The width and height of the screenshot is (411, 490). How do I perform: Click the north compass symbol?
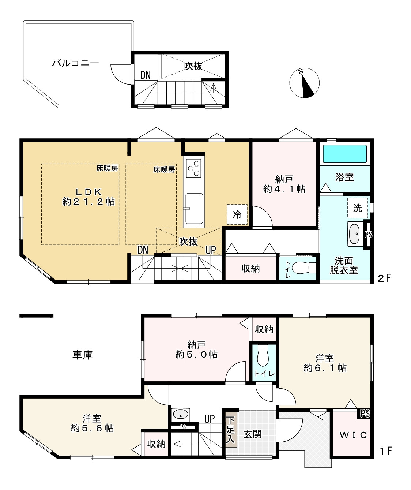304,83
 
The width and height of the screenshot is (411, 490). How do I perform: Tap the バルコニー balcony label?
75,63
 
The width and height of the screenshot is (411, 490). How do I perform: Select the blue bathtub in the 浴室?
344,154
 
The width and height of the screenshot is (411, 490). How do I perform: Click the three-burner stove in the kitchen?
194,168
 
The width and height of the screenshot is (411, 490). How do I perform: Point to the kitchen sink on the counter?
194,208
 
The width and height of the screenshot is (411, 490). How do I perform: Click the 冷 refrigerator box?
237,214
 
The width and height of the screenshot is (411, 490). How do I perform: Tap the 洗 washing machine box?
357,208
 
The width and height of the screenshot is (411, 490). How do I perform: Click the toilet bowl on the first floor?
263,357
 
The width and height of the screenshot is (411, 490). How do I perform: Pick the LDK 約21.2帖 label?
88,197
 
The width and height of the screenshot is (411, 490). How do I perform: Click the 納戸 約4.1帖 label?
284,184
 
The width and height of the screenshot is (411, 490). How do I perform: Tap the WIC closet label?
353,435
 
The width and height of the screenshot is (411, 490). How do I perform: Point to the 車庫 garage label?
83,355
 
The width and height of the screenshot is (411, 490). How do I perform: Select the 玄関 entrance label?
253,434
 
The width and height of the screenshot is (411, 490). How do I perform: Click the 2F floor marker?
384,278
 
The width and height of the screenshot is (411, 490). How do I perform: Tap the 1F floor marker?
385,451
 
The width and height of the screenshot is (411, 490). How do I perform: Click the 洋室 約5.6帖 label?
92,423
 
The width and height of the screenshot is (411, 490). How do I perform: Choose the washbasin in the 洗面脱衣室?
354,233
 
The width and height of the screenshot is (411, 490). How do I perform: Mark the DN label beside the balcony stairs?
145,75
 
